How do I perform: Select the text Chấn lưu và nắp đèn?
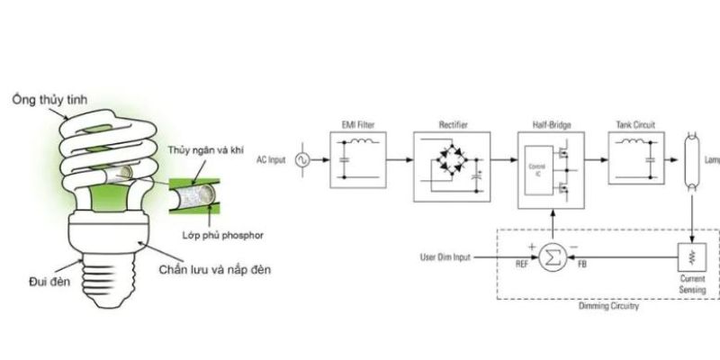(x=210, y=269)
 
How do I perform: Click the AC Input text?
(x=270, y=159)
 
